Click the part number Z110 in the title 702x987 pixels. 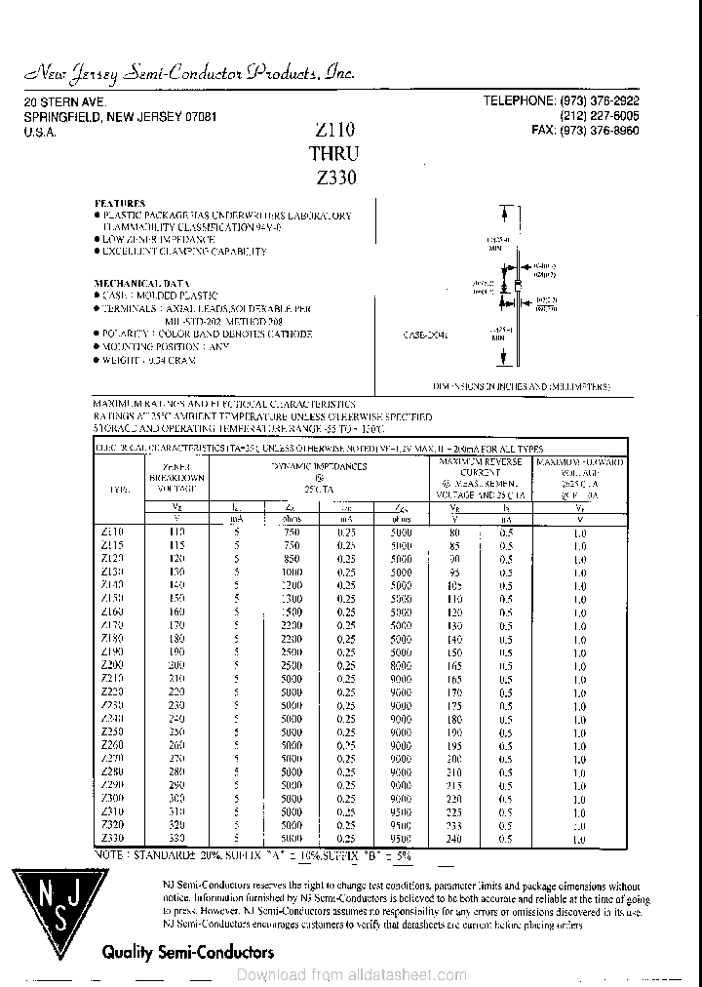[334, 130]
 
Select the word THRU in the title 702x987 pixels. [333, 153]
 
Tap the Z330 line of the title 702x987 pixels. [336, 178]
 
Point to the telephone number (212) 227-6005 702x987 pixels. [600, 116]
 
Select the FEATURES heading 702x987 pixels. [119, 204]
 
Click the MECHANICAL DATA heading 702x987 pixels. [141, 283]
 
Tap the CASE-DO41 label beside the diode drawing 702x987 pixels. [425, 335]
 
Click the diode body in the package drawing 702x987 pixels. [505, 286]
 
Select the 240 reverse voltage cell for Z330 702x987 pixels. [454, 838]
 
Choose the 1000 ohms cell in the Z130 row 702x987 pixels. [292, 572]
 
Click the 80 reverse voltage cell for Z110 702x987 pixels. [454, 533]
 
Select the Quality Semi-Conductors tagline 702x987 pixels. [188, 952]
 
